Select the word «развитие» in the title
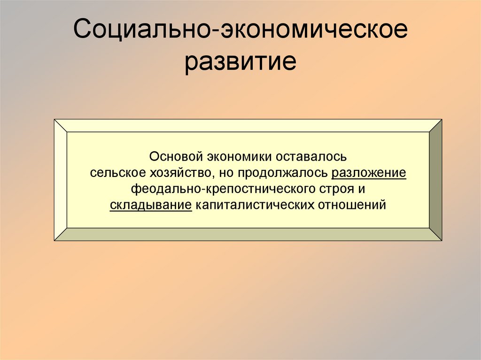(x=240, y=62)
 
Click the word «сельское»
(x=113, y=173)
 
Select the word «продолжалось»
(x=282, y=173)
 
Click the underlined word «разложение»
(x=369, y=173)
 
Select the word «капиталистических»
(x=256, y=206)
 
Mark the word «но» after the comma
(x=225, y=173)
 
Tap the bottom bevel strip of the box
(x=248, y=234)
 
